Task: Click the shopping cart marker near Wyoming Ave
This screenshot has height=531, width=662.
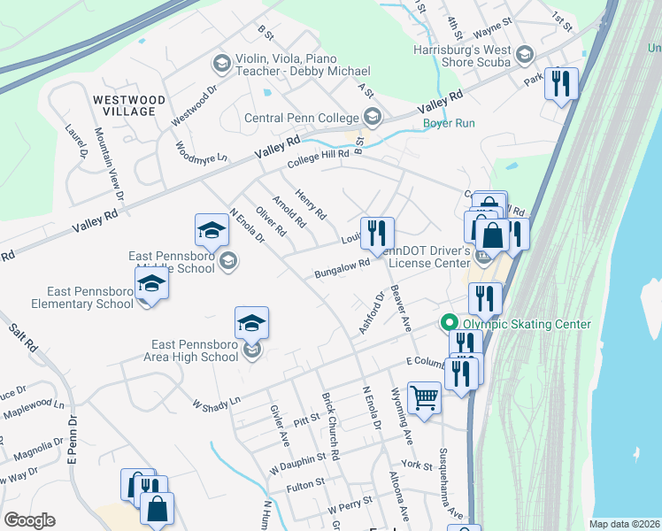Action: point(425,398)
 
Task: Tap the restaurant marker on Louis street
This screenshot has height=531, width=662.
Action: point(377,234)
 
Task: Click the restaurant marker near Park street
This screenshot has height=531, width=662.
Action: point(561,85)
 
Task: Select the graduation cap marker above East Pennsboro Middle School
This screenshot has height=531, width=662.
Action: point(212,230)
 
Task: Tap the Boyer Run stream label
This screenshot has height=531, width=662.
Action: point(449,124)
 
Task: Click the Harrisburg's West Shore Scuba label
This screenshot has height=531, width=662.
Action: point(463,57)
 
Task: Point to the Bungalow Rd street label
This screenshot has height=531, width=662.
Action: point(341,269)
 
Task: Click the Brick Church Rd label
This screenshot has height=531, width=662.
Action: point(331,427)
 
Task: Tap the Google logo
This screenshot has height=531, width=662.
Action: point(29,520)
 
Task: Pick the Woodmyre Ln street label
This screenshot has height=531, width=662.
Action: point(201,151)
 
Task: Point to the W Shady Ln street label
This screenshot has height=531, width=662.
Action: point(216,403)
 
